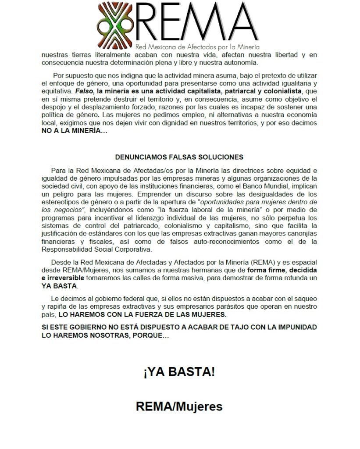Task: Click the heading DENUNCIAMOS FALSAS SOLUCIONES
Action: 179,157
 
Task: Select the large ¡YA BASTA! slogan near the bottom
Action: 179,372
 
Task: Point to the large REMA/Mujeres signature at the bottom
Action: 179,406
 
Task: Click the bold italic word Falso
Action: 84,92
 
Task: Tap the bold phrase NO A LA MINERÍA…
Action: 75,131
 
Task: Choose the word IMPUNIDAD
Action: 294,328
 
